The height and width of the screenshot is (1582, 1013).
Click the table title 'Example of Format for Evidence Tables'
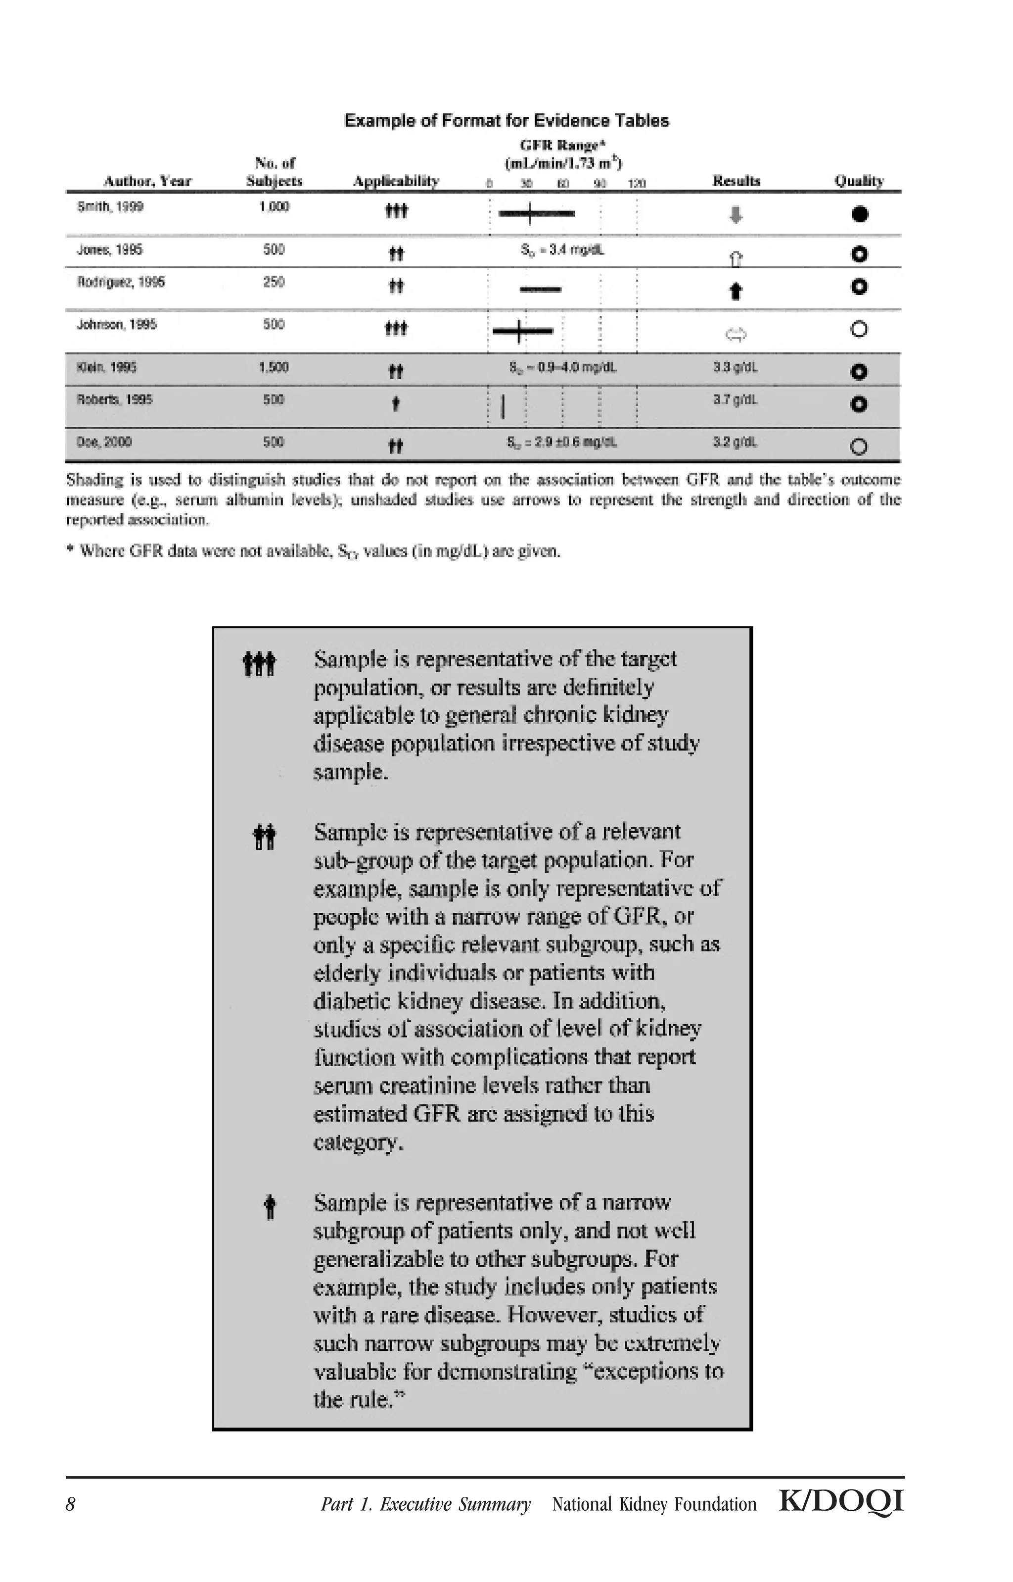click(506, 121)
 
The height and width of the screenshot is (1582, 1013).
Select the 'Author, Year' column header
click(147, 181)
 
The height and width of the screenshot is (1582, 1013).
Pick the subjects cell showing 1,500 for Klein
click(273, 367)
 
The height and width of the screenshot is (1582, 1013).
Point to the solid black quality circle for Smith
click(859, 214)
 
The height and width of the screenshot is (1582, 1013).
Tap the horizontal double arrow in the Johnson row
click(736, 335)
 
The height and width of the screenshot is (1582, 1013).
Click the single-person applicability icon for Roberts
click(395, 404)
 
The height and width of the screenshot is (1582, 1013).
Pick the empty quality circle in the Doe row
click(858, 447)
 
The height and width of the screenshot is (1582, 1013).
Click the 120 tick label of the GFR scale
click(636, 184)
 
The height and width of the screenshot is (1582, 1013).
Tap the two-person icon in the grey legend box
click(265, 837)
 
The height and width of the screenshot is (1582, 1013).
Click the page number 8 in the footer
click(70, 1504)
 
